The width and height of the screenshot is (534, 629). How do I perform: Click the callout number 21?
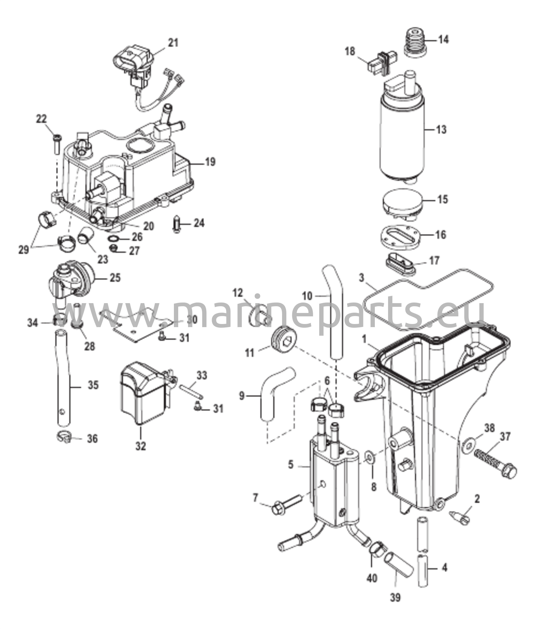[173, 43]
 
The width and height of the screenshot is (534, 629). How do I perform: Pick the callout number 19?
[210, 162]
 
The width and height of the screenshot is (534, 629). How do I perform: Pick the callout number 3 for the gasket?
[361, 278]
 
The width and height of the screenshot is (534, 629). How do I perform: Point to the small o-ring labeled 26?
[113, 238]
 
